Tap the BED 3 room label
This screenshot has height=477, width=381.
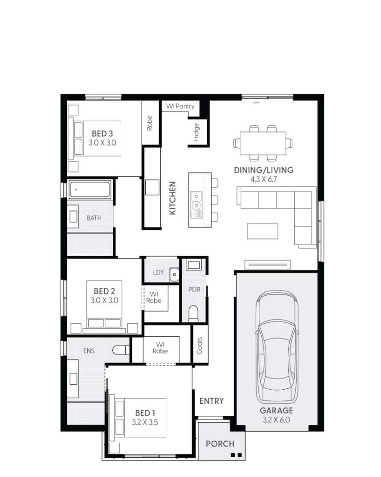[102, 133]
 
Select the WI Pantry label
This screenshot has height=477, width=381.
[180, 106]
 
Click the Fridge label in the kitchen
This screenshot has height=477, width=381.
[197, 132]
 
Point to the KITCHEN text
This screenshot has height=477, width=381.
[173, 198]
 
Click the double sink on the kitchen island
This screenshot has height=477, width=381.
[196, 200]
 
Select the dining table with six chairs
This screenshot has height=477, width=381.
[262, 143]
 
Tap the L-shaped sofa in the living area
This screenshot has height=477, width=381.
[285, 209]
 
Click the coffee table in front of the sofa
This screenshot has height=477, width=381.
[262, 231]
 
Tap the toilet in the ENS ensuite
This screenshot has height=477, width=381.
[121, 351]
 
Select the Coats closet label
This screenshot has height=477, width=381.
[199, 346]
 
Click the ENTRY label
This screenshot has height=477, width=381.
[211, 401]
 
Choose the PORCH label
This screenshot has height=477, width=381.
[220, 444]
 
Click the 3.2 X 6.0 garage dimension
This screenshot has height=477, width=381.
[276, 420]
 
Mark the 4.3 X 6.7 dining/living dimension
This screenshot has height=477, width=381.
[264, 179]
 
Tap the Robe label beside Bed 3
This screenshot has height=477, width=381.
[150, 123]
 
